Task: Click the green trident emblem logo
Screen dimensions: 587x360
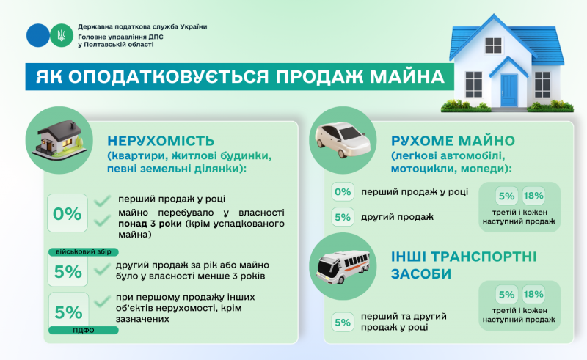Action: (x=62, y=35)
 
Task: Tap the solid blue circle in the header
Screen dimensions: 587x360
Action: (x=38, y=35)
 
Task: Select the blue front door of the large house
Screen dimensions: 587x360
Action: (x=508, y=90)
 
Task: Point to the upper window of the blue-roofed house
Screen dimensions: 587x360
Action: (x=493, y=45)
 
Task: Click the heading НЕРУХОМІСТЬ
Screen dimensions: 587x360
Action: (x=161, y=141)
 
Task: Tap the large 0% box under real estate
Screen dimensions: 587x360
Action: (x=68, y=213)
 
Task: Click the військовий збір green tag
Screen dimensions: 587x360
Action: (x=84, y=251)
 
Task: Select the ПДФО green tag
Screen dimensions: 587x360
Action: (x=84, y=331)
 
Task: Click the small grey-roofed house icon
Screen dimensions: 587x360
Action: (x=60, y=139)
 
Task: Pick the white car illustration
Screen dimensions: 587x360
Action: (x=343, y=139)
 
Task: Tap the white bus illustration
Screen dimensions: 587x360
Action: (x=343, y=267)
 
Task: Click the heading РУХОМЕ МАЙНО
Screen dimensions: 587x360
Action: (x=453, y=141)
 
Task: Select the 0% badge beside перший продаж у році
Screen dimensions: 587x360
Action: (x=343, y=192)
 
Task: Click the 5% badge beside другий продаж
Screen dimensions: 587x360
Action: (x=343, y=217)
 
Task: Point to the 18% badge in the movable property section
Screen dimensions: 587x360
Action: (x=533, y=196)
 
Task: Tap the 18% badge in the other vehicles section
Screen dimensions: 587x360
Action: (x=533, y=295)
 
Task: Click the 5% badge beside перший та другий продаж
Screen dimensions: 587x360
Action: (x=343, y=322)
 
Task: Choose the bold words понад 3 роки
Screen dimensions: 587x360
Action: (x=150, y=224)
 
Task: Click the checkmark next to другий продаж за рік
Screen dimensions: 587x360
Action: (x=102, y=268)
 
